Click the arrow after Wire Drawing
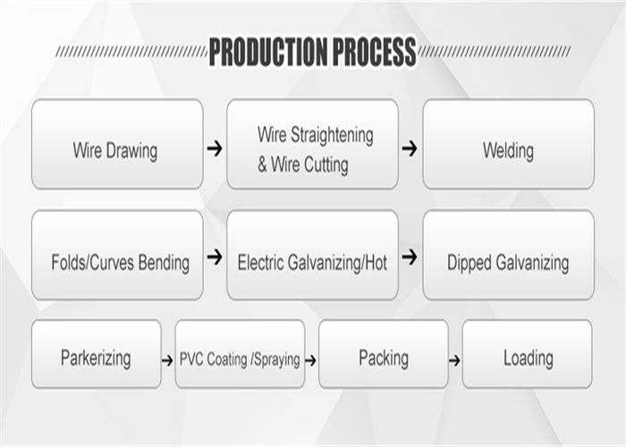(215, 148)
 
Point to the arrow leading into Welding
(410, 148)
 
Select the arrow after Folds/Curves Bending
(215, 257)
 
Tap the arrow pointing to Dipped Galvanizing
(410, 257)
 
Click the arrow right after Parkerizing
(167, 361)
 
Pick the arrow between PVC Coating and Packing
(310, 361)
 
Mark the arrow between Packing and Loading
(454, 361)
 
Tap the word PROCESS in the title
(374, 52)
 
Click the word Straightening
(332, 136)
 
